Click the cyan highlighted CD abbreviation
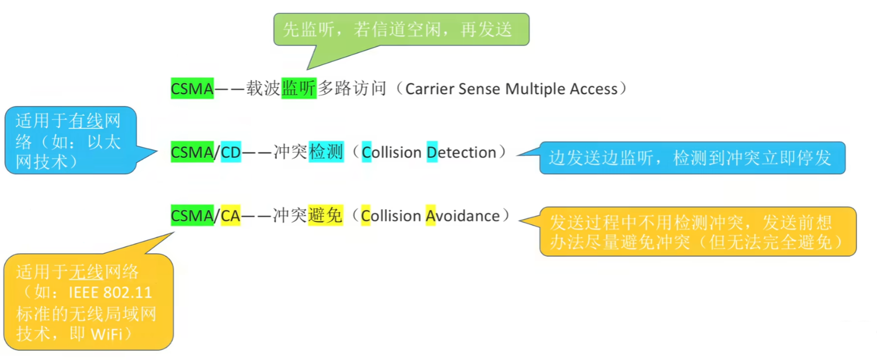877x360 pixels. [231, 153]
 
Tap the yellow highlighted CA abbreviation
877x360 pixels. [231, 216]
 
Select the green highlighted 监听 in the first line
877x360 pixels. [299, 89]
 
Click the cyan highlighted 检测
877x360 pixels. [326, 153]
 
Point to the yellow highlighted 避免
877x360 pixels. [325, 216]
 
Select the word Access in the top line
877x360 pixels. [597, 89]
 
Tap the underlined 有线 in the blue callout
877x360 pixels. [86, 122]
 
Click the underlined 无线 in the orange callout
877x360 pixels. [86, 272]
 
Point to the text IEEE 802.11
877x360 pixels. [110, 292]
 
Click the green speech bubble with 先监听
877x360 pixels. [401, 29]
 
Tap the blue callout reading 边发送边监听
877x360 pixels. [692, 158]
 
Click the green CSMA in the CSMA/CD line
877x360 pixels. [192, 153]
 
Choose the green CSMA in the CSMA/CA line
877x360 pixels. [192, 216]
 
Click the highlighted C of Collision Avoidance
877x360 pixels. [366, 216]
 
